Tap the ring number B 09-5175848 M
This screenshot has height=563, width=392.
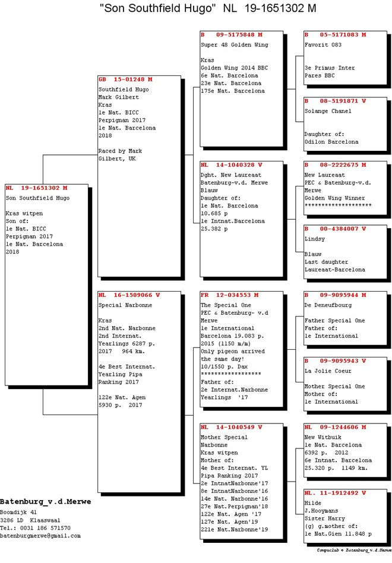point(232,35)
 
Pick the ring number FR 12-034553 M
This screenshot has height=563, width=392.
point(230,295)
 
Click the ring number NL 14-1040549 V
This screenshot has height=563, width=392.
point(232,427)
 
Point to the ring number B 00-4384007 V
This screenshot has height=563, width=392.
point(336,229)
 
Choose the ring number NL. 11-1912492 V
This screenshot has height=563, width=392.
point(336,494)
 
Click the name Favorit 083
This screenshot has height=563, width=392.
point(323,45)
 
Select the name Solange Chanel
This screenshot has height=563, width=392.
point(328,111)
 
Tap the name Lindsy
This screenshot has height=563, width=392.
point(314,239)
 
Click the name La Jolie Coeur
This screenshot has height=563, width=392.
point(328,371)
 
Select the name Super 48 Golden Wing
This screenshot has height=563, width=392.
point(235,45)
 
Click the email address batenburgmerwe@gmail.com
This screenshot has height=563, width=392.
point(40,536)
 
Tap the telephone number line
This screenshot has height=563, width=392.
point(35,528)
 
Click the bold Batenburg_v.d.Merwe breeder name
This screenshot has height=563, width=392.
point(46,502)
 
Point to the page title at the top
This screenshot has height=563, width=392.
point(208,8)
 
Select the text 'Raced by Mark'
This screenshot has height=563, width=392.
point(120,151)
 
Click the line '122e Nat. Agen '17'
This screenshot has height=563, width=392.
point(231,514)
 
